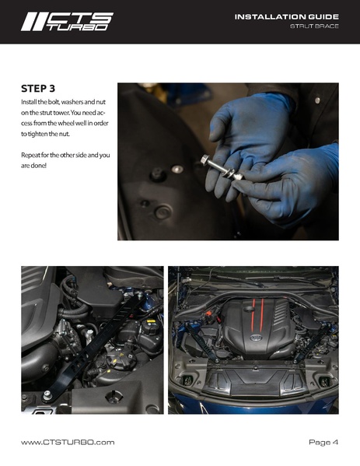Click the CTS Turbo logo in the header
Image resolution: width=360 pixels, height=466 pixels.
click(67, 22)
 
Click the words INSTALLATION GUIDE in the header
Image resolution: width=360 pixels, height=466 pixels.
click(287, 17)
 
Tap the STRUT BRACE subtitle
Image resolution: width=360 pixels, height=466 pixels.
click(314, 26)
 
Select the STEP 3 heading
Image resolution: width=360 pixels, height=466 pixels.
click(38, 89)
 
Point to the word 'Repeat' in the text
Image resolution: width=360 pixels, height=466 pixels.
click(30, 155)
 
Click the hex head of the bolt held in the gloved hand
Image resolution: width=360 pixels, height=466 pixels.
click(204, 160)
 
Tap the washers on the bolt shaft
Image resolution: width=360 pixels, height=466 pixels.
click(229, 173)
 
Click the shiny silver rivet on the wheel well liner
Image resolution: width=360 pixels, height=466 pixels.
click(177, 169)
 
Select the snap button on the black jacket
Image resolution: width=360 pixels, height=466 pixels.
click(317, 100)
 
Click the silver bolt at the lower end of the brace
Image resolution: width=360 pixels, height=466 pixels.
click(47, 395)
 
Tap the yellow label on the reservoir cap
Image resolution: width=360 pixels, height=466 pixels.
click(151, 321)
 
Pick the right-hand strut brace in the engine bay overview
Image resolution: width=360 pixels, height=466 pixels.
click(312, 342)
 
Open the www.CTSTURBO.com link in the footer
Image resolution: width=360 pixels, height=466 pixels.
click(68, 442)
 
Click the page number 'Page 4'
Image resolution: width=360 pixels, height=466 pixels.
click(323, 442)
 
